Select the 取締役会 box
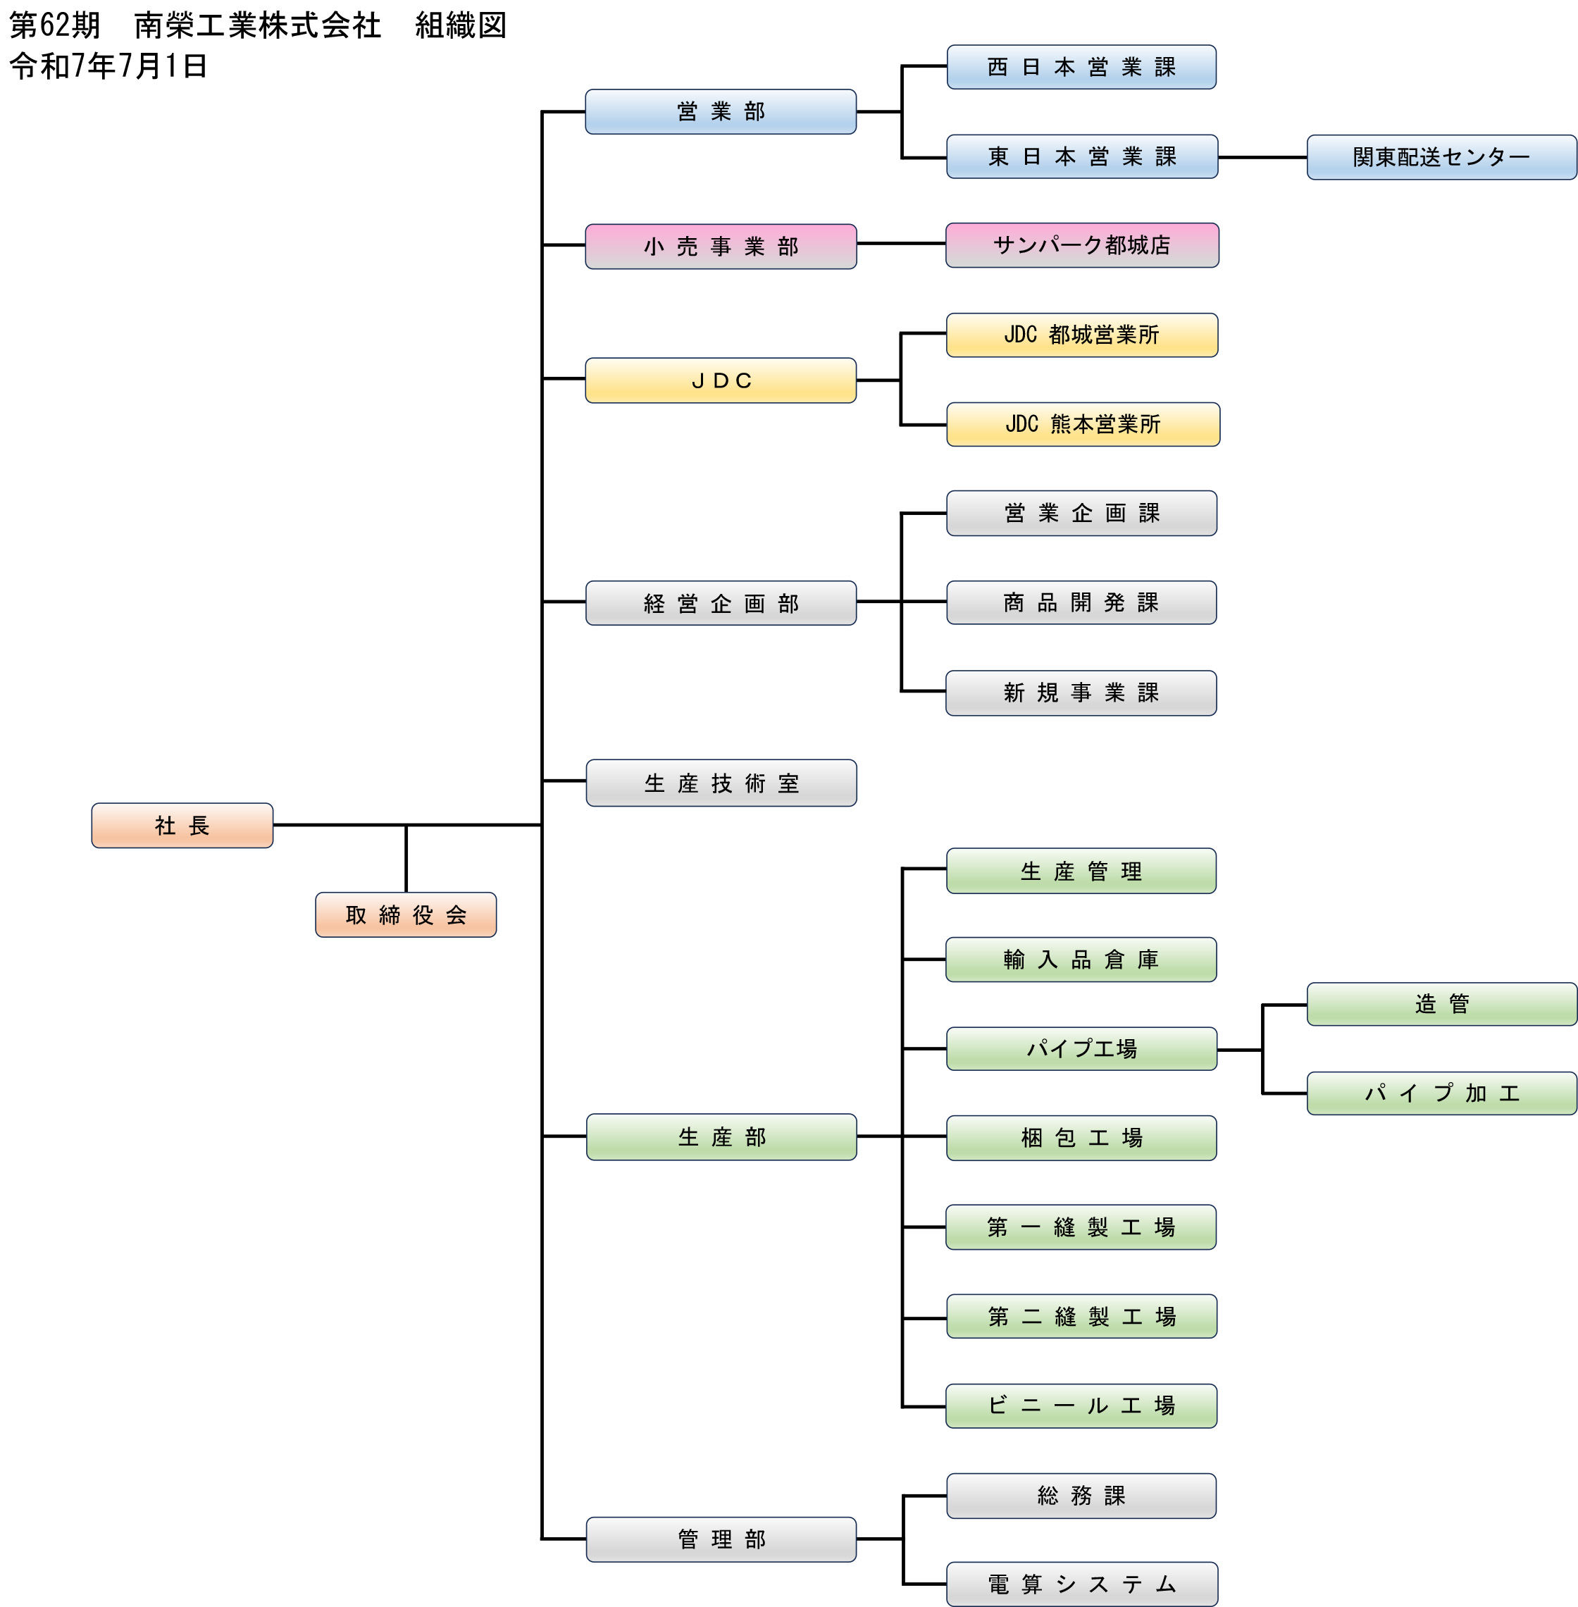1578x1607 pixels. (405, 914)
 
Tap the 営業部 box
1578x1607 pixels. (720, 111)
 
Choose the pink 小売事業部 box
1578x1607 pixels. (720, 246)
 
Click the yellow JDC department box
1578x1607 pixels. (720, 380)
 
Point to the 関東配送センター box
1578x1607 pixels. (1441, 156)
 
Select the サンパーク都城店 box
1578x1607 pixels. (1081, 244)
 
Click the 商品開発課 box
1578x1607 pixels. (1081, 602)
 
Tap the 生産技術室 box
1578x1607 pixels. (721, 783)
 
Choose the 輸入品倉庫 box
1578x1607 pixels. (1081, 959)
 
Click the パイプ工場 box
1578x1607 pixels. (1081, 1048)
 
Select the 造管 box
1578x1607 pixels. (1441, 1004)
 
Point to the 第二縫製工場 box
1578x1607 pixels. (1081, 1316)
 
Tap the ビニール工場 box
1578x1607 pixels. (1081, 1406)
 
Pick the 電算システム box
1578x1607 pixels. (1081, 1584)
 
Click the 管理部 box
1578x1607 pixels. (721, 1539)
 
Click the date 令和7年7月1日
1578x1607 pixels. (108, 66)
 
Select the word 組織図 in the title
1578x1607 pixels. (460, 25)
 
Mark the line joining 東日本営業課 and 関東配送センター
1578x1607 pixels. (1262, 156)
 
